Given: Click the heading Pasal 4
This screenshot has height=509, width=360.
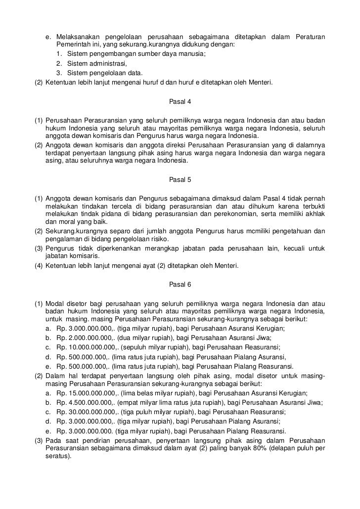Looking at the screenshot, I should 180,102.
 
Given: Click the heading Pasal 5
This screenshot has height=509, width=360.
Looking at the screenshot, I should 180,180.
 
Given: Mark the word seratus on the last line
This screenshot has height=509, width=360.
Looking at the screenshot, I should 56,457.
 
